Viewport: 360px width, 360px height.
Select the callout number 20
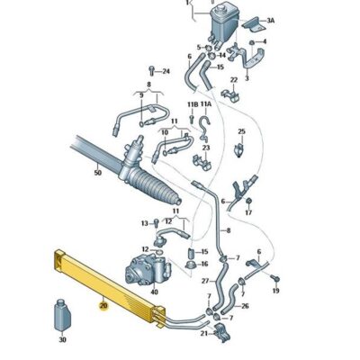[x=103, y=306]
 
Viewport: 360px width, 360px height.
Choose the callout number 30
[x=62, y=340]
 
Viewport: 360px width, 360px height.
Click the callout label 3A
[x=271, y=20]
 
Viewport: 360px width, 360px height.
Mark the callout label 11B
[x=192, y=105]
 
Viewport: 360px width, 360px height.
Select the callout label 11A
[x=208, y=105]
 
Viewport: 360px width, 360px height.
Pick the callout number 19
[x=276, y=292]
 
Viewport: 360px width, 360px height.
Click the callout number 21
[x=203, y=334]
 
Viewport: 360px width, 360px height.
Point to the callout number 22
[x=233, y=80]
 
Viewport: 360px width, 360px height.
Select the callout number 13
[x=144, y=222]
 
